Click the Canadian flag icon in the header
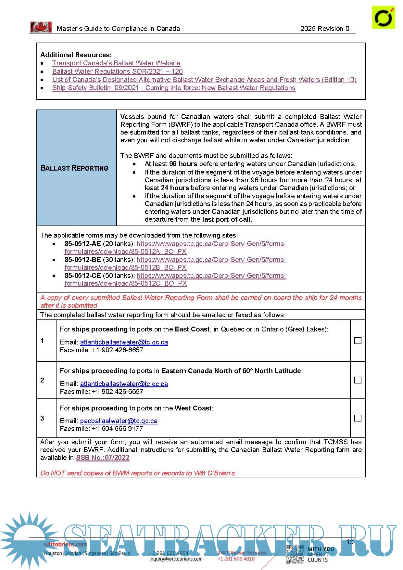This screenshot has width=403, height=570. coord(41,27)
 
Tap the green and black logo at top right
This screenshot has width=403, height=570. coord(384,18)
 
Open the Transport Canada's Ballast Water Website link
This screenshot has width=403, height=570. coord(116,63)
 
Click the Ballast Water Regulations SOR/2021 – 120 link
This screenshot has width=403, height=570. coord(117,71)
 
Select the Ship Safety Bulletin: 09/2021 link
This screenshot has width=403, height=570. coord(174,88)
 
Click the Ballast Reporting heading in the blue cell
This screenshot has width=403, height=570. coord(74,168)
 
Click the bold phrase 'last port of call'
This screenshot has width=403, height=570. coord(226,219)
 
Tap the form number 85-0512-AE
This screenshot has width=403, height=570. coord(82,244)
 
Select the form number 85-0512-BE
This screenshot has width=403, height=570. coord(82,260)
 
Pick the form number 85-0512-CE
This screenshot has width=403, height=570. coord(82,276)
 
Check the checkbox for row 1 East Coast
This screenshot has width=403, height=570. coord(358,341)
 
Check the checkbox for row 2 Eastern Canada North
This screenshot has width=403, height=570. coord(358,380)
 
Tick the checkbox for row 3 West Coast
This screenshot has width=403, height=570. coord(358,418)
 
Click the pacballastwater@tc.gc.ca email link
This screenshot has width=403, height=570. coord(119,421)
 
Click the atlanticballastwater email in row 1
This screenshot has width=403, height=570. coord(124,342)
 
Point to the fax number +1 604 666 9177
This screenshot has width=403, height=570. coord(117,429)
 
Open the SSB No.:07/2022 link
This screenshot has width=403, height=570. coord(103,458)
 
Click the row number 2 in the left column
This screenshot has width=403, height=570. coord(42,380)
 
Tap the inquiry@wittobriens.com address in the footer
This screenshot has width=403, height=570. coord(176,559)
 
